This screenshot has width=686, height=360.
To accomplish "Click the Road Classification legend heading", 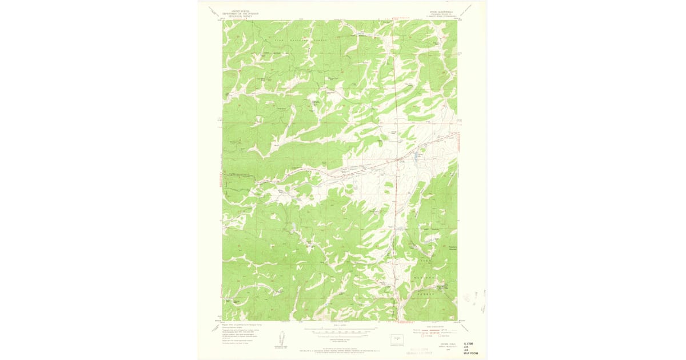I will point(438,325).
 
